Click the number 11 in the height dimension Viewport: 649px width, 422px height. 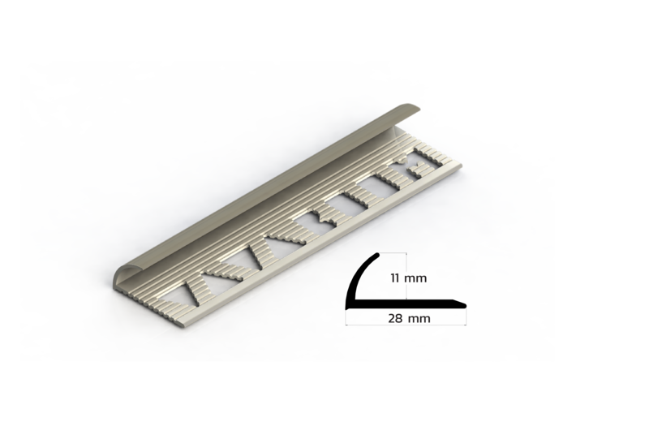coord(395,278)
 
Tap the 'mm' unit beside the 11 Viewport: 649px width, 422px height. coord(415,278)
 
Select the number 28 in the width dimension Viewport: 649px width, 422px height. coord(395,318)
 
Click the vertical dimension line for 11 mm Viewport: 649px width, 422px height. coord(406,275)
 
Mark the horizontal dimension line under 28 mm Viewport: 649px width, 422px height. coord(406,325)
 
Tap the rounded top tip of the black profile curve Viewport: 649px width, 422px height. coord(377,254)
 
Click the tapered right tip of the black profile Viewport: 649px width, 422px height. coord(464,306)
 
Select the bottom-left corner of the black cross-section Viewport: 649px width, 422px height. coord(347,308)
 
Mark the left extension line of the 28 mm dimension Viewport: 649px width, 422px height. coord(346,317)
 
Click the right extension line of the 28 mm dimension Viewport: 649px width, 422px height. coord(466,317)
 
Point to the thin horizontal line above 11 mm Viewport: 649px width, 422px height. coord(393,252)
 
